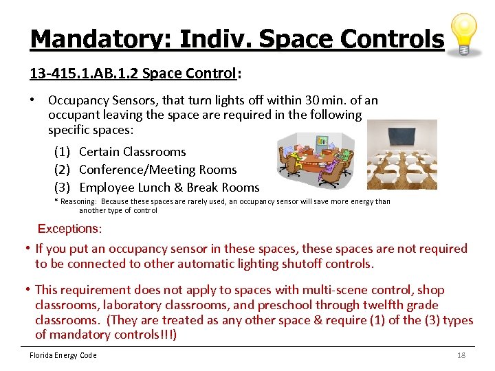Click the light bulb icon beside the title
(x=464, y=34)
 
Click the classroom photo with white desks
(x=401, y=155)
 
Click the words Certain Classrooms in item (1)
(x=133, y=152)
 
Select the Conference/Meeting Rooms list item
(x=158, y=170)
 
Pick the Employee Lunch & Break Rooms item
(x=169, y=188)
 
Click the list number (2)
(x=63, y=170)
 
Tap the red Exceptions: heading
(x=69, y=228)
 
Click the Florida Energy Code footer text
(x=63, y=355)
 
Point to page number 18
(x=461, y=355)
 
